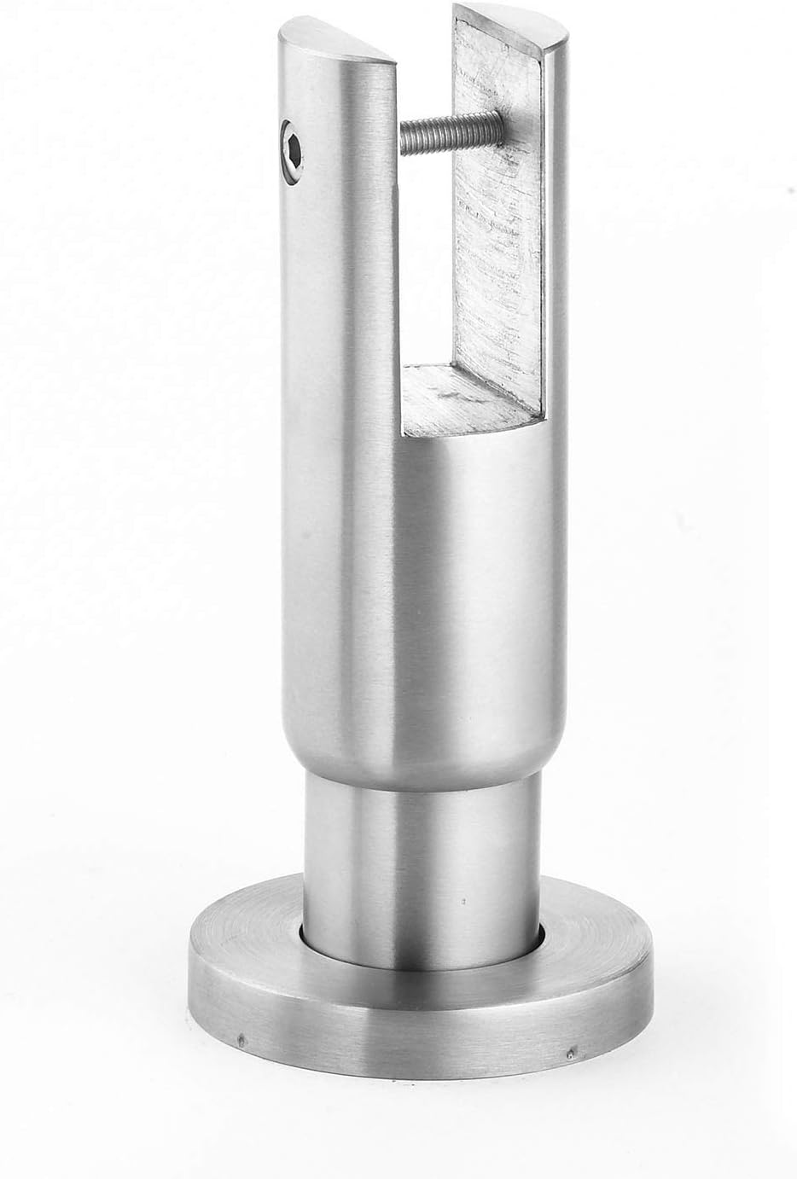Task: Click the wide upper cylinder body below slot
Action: [427, 597]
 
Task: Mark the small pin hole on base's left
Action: [242, 1041]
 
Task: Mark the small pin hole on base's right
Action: [569, 1054]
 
